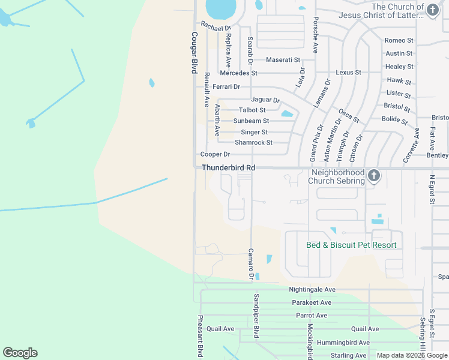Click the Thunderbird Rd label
point(228,167)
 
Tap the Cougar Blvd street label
point(194,53)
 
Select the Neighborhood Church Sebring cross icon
point(374,176)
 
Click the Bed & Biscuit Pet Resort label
point(351,245)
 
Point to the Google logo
point(20,353)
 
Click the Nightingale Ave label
point(312,289)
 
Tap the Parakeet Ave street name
point(310,302)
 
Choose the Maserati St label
point(283,60)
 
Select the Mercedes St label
point(238,73)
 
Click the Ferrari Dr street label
point(226,87)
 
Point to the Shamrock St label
point(253,143)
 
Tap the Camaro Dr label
point(251,263)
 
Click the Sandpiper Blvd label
point(256,315)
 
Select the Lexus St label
point(349,72)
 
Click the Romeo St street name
point(399,40)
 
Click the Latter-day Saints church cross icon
point(433,10)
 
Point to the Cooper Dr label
point(211,154)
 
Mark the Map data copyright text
point(412,355)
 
